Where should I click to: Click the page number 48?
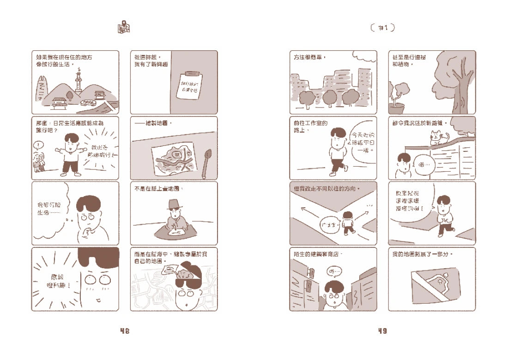click(x=124, y=331)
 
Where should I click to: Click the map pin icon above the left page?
click(x=124, y=27)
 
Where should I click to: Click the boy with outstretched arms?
click(x=70, y=153)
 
